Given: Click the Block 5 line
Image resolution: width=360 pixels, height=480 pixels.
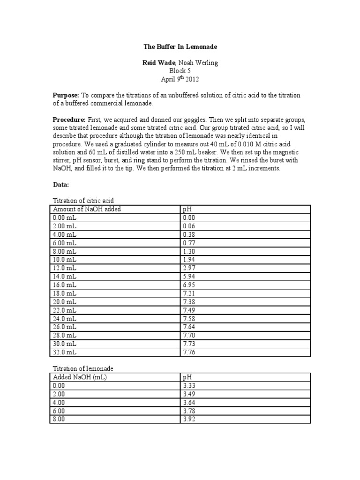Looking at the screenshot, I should point(180,71).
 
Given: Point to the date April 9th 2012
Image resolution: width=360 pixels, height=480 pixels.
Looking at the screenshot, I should point(180,79).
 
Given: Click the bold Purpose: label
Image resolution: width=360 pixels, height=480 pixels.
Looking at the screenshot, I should point(66,95).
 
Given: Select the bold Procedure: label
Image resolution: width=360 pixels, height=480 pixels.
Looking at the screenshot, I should point(69,120).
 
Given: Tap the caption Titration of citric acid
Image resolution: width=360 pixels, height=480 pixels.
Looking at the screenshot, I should point(83,201).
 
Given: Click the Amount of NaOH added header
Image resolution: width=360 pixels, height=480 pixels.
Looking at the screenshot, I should point(87,209).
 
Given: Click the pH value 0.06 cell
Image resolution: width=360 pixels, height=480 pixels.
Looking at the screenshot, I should point(188,226).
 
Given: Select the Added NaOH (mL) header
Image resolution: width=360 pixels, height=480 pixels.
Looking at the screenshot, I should point(80,377).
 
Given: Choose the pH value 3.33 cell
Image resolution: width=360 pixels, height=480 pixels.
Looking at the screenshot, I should point(188,385).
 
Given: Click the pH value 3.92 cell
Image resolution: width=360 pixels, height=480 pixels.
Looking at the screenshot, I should point(188,419).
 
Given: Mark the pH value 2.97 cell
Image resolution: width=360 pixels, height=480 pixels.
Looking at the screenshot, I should point(188,268).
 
